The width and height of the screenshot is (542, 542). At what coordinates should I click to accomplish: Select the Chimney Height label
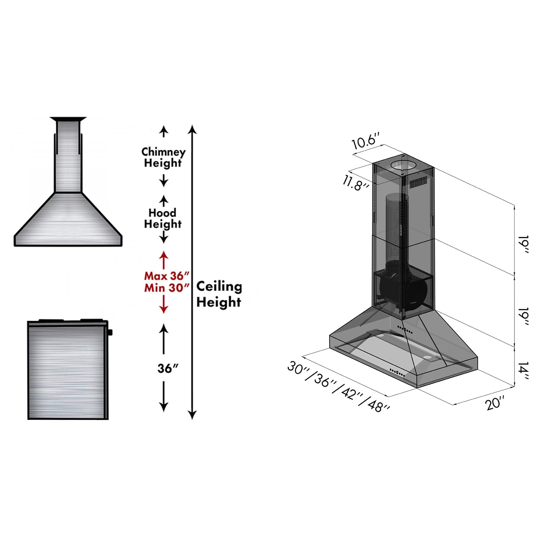pyautogui.click(x=163, y=157)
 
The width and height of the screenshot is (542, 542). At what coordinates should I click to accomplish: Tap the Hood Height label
pyautogui.click(x=163, y=218)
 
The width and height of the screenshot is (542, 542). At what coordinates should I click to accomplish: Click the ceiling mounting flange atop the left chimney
pyautogui.click(x=68, y=119)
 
